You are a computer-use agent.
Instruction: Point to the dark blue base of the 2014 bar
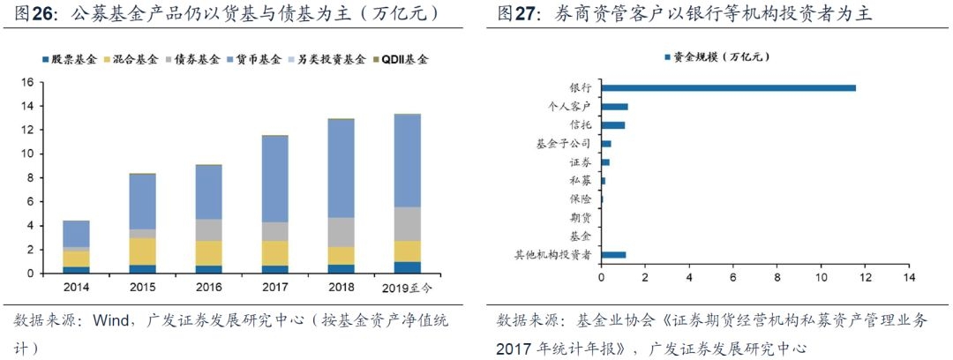[x=76, y=269]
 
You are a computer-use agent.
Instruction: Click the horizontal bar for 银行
[x=728, y=88]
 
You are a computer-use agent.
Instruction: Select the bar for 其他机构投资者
[x=613, y=255]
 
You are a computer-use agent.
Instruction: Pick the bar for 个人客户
[x=614, y=107]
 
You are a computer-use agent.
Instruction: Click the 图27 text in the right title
[x=517, y=14]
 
